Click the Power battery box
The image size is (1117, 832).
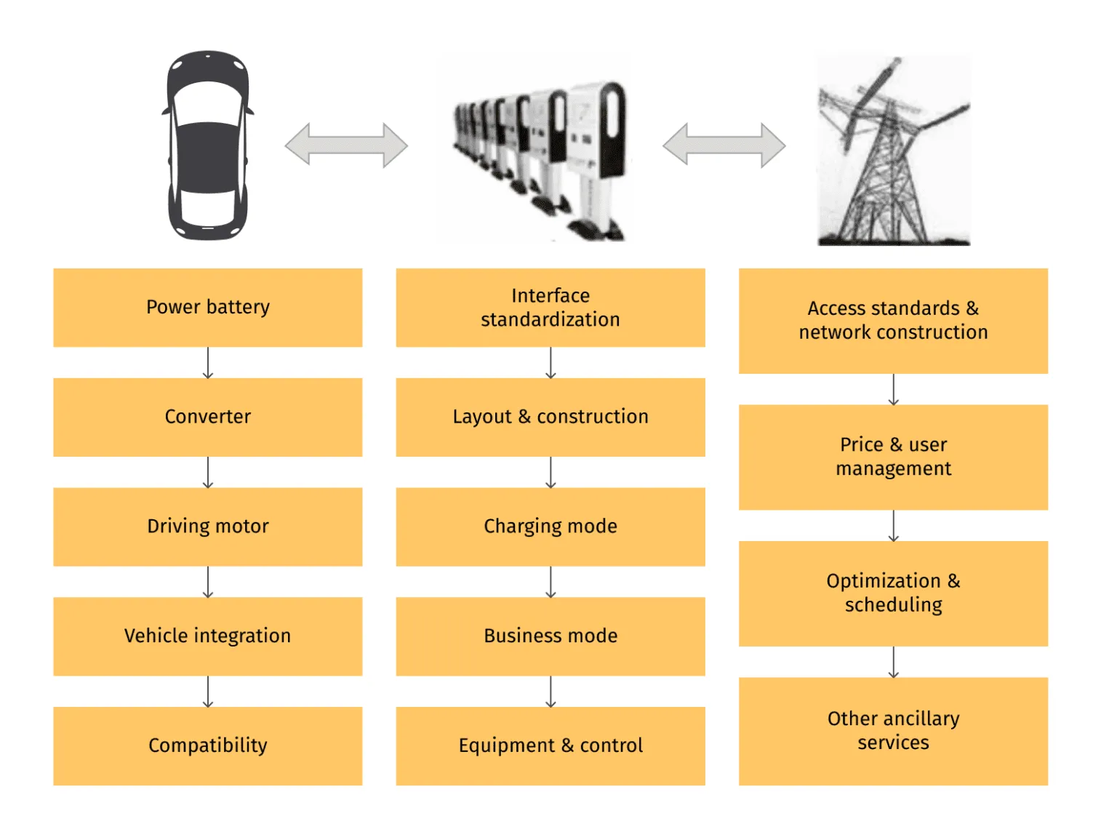(x=207, y=308)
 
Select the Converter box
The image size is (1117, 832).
(x=207, y=417)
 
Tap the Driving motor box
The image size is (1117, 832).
(x=207, y=527)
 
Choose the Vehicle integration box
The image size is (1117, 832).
(x=207, y=636)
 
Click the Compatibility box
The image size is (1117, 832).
(x=207, y=745)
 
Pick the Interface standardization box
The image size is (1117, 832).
(x=551, y=308)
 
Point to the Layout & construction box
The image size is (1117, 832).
(x=551, y=417)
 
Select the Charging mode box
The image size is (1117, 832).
(x=551, y=527)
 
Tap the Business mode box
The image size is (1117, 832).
(x=551, y=636)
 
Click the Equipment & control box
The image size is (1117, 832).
(x=551, y=745)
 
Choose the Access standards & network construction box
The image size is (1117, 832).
(x=893, y=321)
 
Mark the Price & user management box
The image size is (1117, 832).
(x=893, y=457)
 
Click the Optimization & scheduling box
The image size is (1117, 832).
(x=893, y=593)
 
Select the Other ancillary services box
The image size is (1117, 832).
(x=893, y=731)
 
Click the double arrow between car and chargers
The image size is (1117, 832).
(x=346, y=145)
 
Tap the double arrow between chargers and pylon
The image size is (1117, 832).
(x=724, y=145)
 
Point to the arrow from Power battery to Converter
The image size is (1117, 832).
(x=208, y=363)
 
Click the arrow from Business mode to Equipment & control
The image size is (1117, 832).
(x=551, y=692)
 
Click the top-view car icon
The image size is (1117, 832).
(x=208, y=145)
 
